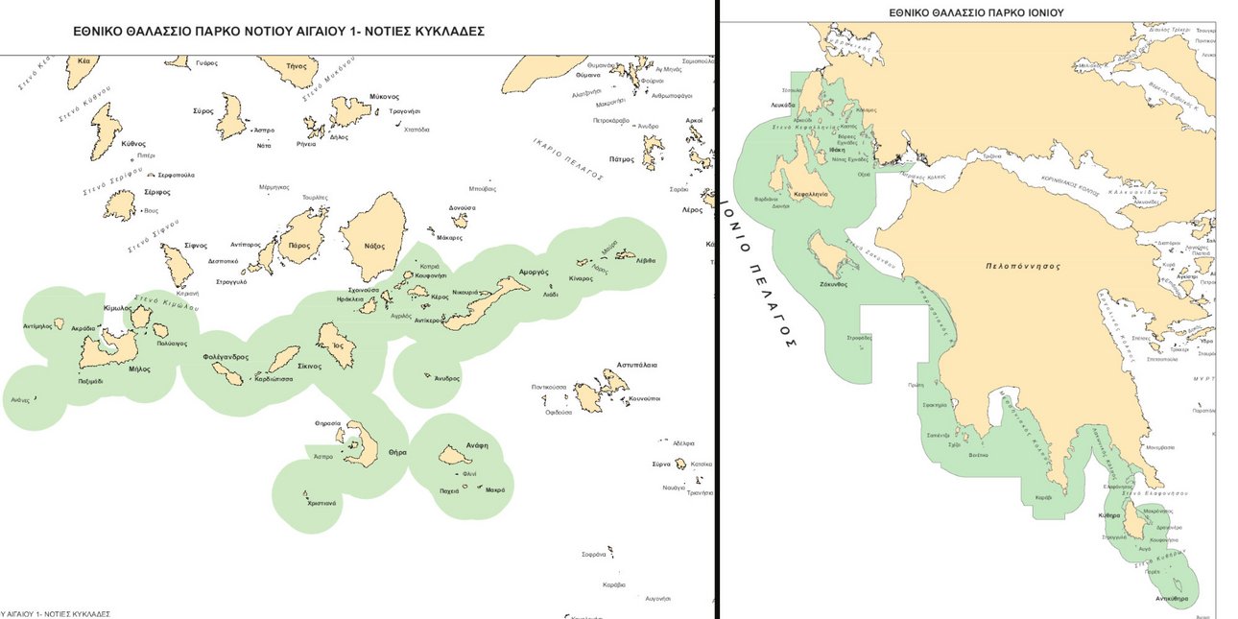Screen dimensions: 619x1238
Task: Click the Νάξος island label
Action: (x=374, y=246)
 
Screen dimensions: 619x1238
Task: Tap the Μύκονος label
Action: (x=384, y=97)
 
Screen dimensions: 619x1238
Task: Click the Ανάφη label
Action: (x=476, y=444)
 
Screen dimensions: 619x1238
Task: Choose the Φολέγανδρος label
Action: (x=226, y=357)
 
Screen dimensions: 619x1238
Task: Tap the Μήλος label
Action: (x=139, y=369)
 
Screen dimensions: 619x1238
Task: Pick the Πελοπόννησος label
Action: (x=1027, y=268)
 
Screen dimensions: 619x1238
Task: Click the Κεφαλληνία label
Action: (x=811, y=194)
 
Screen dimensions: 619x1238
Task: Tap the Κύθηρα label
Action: (x=1108, y=515)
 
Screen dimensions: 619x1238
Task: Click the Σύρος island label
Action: (x=202, y=110)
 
